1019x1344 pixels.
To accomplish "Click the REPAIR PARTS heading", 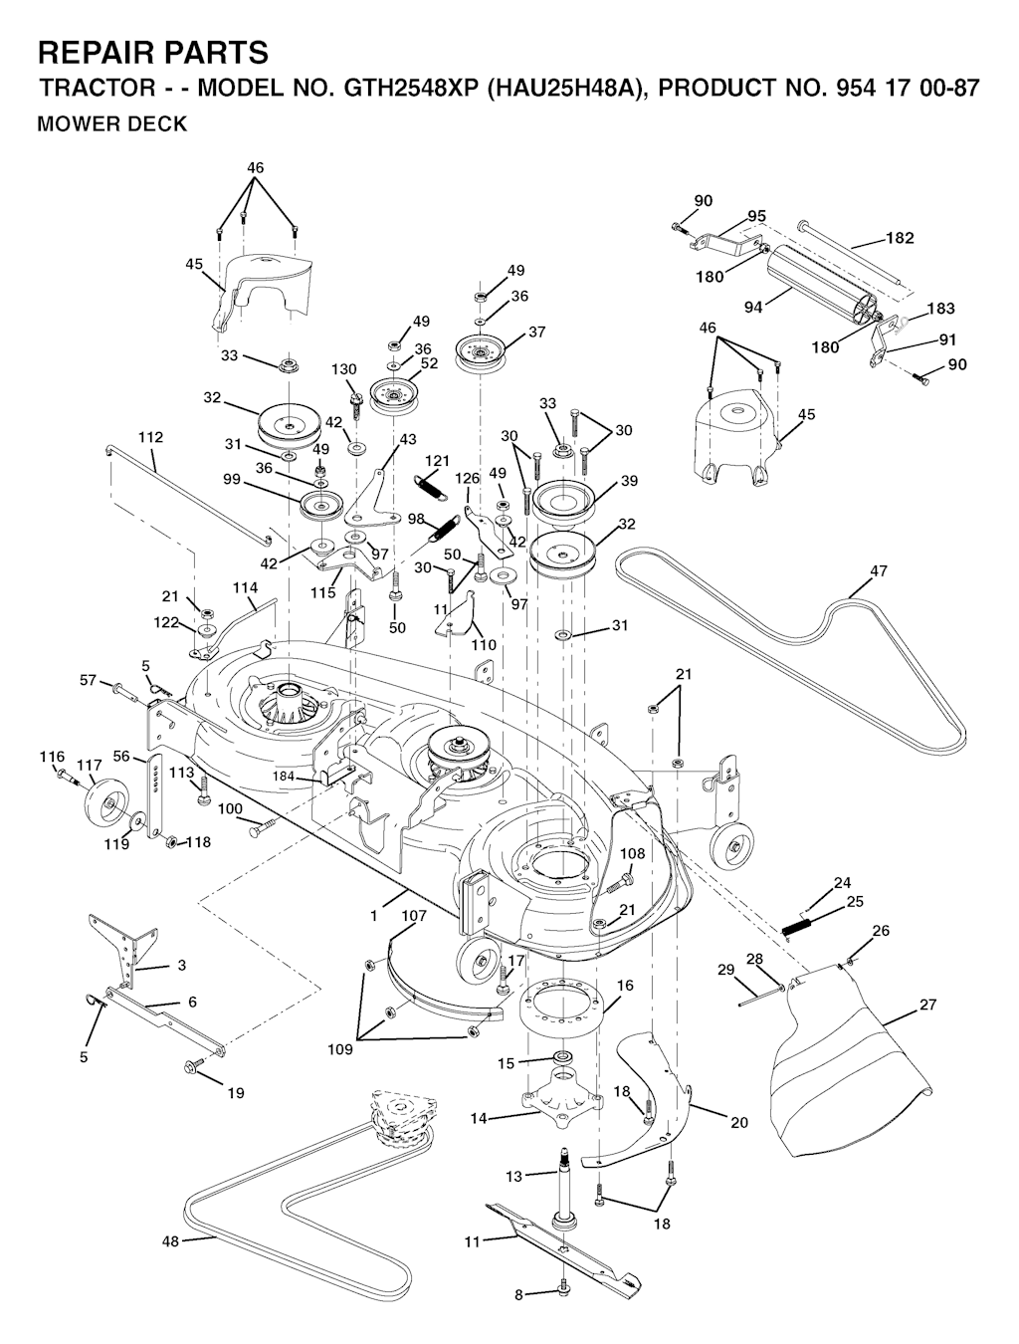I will (152, 52).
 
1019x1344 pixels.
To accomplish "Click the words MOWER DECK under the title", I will (111, 124).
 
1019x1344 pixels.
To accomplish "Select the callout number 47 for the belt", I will (879, 571).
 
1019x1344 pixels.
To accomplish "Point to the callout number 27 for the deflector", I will (927, 1006).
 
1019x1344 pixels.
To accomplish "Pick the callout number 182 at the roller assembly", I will (900, 239).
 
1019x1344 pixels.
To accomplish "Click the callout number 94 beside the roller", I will (753, 308).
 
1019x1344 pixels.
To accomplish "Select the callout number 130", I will (343, 370).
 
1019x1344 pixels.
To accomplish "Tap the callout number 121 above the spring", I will (438, 461).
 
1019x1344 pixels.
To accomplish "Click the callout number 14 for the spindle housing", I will (479, 1119).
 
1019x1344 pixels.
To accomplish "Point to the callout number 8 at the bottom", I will (517, 1295).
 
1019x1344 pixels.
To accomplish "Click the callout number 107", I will (414, 915).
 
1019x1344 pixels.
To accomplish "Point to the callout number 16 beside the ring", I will (625, 986).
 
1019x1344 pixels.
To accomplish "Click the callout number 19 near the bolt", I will (235, 1093).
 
